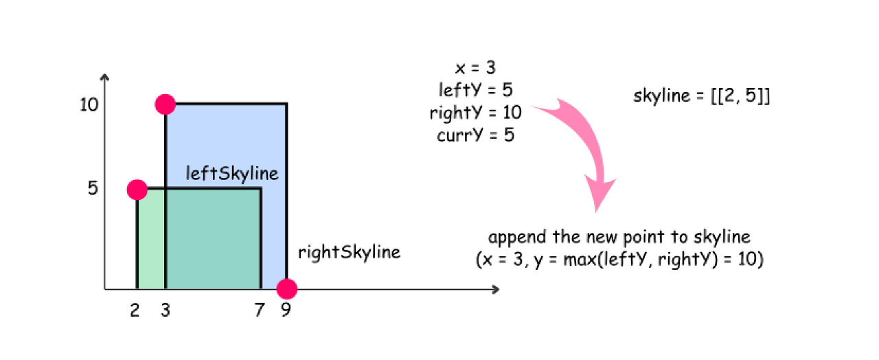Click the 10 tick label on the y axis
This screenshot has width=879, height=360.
89,105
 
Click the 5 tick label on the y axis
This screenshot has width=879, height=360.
93,188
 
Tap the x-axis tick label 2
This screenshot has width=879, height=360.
135,311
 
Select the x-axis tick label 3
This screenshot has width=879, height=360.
165,311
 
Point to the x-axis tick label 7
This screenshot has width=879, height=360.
259,311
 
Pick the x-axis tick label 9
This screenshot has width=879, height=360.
286,311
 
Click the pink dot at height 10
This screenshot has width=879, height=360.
165,104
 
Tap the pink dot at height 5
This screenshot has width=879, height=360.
137,189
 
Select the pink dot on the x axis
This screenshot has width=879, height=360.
286,289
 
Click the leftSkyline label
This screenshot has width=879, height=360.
233,173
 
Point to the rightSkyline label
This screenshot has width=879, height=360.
349,252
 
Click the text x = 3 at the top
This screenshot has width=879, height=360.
475,68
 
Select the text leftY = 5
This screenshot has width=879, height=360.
475,90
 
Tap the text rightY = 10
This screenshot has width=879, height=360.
475,112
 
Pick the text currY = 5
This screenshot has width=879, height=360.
475,135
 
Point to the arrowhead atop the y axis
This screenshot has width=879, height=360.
104,78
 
